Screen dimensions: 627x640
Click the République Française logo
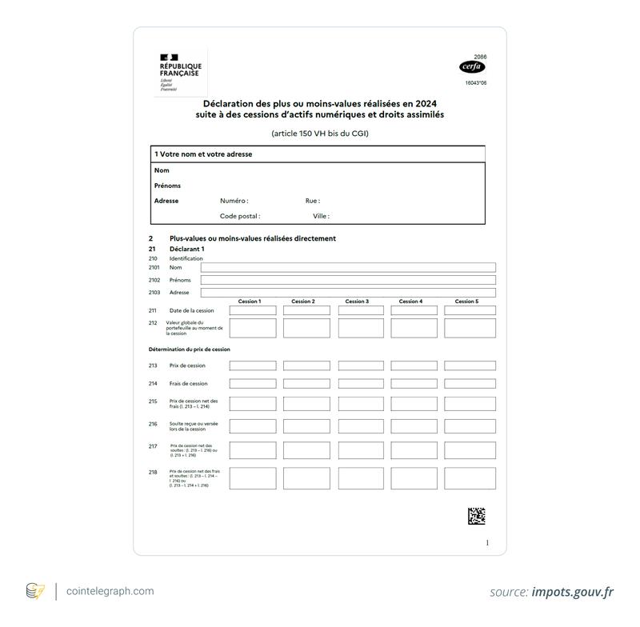coord(180,73)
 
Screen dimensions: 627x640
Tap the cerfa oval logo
coord(473,68)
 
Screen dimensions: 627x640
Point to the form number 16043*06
coord(476,82)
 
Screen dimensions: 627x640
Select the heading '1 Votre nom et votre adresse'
coord(203,154)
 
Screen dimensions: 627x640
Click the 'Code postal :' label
coord(240,216)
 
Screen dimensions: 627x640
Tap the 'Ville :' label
coord(321,216)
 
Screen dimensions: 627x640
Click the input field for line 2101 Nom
coord(348,268)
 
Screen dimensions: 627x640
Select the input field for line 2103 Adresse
coord(348,293)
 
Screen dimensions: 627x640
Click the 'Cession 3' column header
coord(357,302)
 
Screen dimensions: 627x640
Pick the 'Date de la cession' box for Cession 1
coord(253,310)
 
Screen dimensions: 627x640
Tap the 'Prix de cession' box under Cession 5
coord(470,365)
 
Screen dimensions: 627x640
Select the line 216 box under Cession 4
coord(414,426)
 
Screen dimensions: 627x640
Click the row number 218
coord(153,473)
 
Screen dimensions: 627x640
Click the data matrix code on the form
coord(476,516)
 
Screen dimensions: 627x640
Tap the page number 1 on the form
coord(487,543)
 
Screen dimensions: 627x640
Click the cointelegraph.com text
coord(111,591)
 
